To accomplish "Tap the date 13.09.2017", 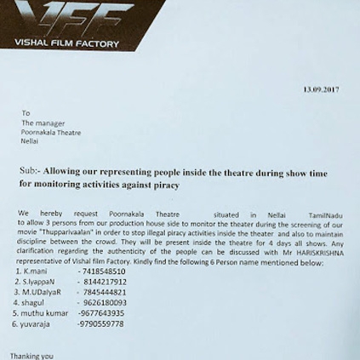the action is coord(321,89).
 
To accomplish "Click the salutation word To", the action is coord(26,112).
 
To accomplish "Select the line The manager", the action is coord(46,123).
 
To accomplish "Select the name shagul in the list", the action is coord(33,302).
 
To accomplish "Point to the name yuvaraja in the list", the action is coord(37,324).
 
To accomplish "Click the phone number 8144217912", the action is coord(105,282).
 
